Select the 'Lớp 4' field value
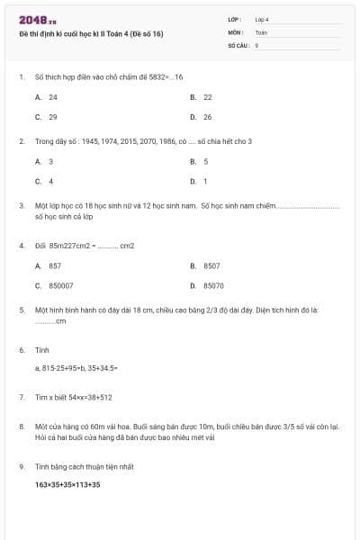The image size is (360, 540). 262,19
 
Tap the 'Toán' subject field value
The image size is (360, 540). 261,31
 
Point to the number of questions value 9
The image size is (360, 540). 256,44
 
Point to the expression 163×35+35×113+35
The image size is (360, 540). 67,485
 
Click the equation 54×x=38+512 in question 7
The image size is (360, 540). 85,397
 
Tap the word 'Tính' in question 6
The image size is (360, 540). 41,349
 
